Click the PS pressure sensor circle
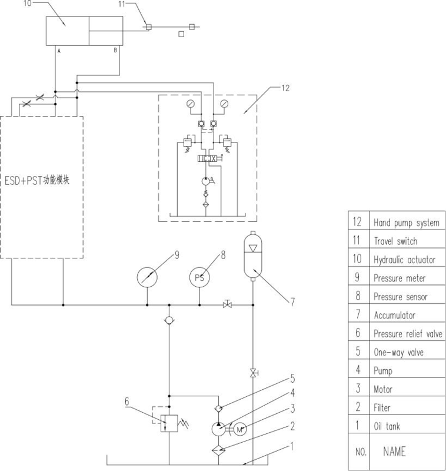click(x=199, y=277)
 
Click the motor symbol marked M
click(x=240, y=430)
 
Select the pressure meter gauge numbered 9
click(x=147, y=277)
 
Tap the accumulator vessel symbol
click(x=253, y=256)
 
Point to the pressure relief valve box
click(x=169, y=423)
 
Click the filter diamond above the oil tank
click(x=219, y=450)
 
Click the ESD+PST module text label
click(x=37, y=180)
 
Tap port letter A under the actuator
click(x=59, y=51)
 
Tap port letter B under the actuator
click(x=115, y=51)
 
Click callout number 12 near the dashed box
click(x=285, y=88)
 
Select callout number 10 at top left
click(x=27, y=4)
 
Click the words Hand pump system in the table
click(x=407, y=223)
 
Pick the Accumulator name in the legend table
click(x=395, y=315)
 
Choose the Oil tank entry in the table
click(x=387, y=426)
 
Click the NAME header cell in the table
click(x=394, y=452)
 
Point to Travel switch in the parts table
click(x=395, y=241)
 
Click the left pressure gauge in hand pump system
click(x=190, y=104)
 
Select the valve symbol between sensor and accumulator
click(x=228, y=304)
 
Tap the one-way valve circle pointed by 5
click(x=219, y=408)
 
